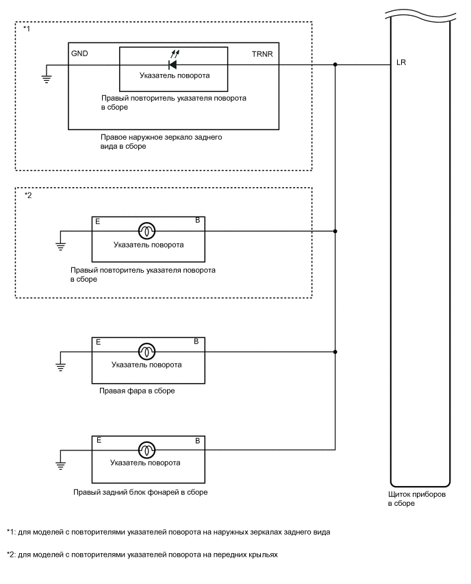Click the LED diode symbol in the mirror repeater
pyautogui.click(x=173, y=65)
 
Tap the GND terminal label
pyautogui.click(x=79, y=53)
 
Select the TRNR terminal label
pyautogui.click(x=263, y=53)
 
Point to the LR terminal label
pyautogui.click(x=400, y=64)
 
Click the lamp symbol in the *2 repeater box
pyautogui.click(x=147, y=231)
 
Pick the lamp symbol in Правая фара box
pyautogui.click(x=147, y=352)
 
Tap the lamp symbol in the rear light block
pyautogui.click(x=147, y=450)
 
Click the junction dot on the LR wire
pyautogui.click(x=335, y=65)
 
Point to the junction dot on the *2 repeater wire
pyautogui.click(x=335, y=231)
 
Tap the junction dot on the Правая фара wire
pyautogui.click(x=335, y=352)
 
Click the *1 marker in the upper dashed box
pyautogui.click(x=25, y=29)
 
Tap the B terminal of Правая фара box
pyautogui.click(x=196, y=341)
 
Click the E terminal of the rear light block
pyautogui.click(x=100, y=439)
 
